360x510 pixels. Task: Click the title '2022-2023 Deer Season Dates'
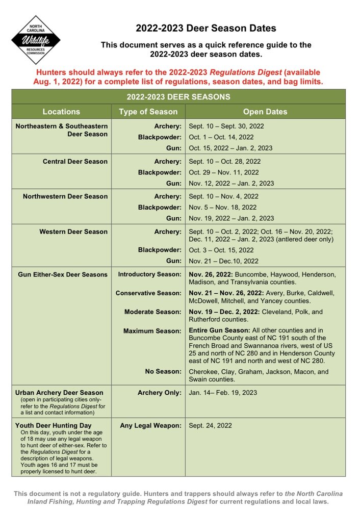coord(205,28)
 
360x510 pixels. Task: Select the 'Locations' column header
coord(61,112)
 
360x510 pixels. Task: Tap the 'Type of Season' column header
coord(148,112)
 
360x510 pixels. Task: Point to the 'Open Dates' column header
coord(265,112)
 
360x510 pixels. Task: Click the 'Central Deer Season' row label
coord(75,161)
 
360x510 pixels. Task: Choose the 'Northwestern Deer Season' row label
coord(65,196)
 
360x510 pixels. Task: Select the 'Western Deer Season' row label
coord(73,232)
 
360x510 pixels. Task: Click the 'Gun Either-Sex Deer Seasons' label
coord(63,274)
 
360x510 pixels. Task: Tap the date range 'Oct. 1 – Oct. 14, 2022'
coord(221,137)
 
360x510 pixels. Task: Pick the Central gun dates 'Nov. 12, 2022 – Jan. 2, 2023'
coord(231,184)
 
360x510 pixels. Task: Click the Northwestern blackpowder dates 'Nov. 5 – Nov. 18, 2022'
coord(223,208)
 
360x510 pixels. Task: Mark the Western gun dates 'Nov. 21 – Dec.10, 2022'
coord(223,261)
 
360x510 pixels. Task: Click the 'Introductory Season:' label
coord(149,274)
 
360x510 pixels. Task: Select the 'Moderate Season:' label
coord(152,312)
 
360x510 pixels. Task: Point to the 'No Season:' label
coord(163,372)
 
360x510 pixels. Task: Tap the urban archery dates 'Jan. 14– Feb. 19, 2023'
coord(223,393)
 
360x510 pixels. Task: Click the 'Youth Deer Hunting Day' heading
coord(54,425)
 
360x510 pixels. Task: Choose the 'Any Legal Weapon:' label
coord(150,425)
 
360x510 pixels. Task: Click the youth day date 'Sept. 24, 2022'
coord(210,425)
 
